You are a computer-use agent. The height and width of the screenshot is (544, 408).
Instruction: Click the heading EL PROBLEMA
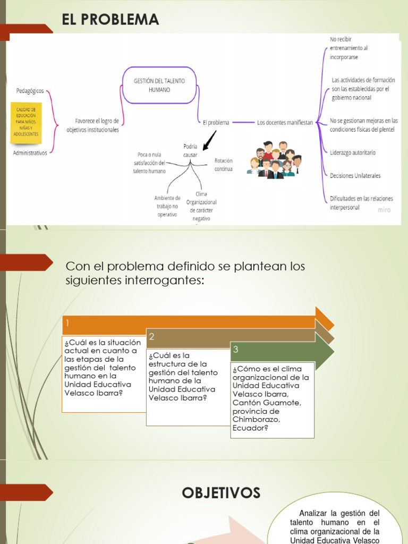coord(110,20)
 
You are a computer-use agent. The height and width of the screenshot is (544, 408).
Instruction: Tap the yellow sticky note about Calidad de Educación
coord(26,122)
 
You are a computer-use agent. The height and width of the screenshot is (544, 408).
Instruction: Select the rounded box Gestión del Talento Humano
coord(159,85)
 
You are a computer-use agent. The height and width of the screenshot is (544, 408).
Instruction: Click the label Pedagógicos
coord(30,91)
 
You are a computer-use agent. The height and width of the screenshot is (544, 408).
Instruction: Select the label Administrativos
coord(30,152)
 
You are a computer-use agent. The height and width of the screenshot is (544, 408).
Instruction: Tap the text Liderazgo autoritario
coord(353,152)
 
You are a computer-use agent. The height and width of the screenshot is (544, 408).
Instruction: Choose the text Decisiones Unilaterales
coord(355,175)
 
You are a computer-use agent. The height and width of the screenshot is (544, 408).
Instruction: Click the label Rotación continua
coord(223,165)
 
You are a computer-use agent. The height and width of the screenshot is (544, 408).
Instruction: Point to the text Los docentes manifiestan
coord(285,122)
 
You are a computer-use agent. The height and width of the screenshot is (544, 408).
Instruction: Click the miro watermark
coord(384,210)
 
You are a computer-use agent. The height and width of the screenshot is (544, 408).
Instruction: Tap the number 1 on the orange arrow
coord(68,322)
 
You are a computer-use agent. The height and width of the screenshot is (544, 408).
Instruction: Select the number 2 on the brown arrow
coord(152,336)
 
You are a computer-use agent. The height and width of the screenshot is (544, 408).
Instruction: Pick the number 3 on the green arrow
coord(236,350)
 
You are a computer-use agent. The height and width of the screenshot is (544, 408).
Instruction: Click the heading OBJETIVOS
coord(221,493)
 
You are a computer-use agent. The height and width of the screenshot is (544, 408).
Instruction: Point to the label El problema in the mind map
coord(216,122)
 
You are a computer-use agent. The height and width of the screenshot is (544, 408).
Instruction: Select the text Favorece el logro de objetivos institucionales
coord(93,126)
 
